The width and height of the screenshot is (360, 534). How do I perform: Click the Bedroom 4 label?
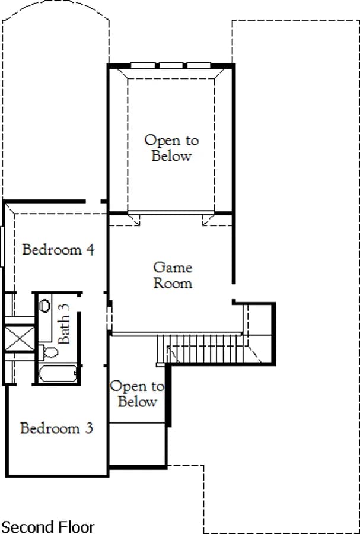click(58, 250)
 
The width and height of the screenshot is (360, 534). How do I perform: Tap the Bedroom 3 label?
click(56, 428)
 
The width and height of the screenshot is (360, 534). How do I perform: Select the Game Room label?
click(173, 275)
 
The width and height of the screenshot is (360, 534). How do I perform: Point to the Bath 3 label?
click(63, 323)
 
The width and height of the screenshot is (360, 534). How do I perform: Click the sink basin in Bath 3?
click(45, 306)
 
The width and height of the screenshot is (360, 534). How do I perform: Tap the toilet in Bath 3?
click(48, 352)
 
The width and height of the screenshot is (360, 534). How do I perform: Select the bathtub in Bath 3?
click(58, 374)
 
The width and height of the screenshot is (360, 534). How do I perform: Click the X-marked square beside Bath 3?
click(20, 338)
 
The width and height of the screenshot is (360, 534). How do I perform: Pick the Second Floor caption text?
click(48, 526)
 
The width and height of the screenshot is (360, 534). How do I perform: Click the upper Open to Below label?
click(171, 148)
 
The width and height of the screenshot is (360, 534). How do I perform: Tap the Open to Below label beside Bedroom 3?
click(137, 394)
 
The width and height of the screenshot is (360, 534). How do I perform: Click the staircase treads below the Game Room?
click(200, 349)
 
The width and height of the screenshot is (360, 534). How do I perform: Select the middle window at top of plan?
click(171, 65)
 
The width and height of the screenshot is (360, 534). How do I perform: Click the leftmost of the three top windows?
click(143, 65)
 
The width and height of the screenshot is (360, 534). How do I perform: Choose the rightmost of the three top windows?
click(199, 65)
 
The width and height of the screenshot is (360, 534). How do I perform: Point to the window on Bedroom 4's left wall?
click(2, 246)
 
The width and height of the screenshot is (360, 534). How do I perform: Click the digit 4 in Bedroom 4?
click(90, 250)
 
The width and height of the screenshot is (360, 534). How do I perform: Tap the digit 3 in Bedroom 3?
click(89, 428)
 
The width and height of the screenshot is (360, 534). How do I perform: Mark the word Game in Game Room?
click(173, 268)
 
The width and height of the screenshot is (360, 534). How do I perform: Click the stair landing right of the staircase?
click(259, 333)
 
